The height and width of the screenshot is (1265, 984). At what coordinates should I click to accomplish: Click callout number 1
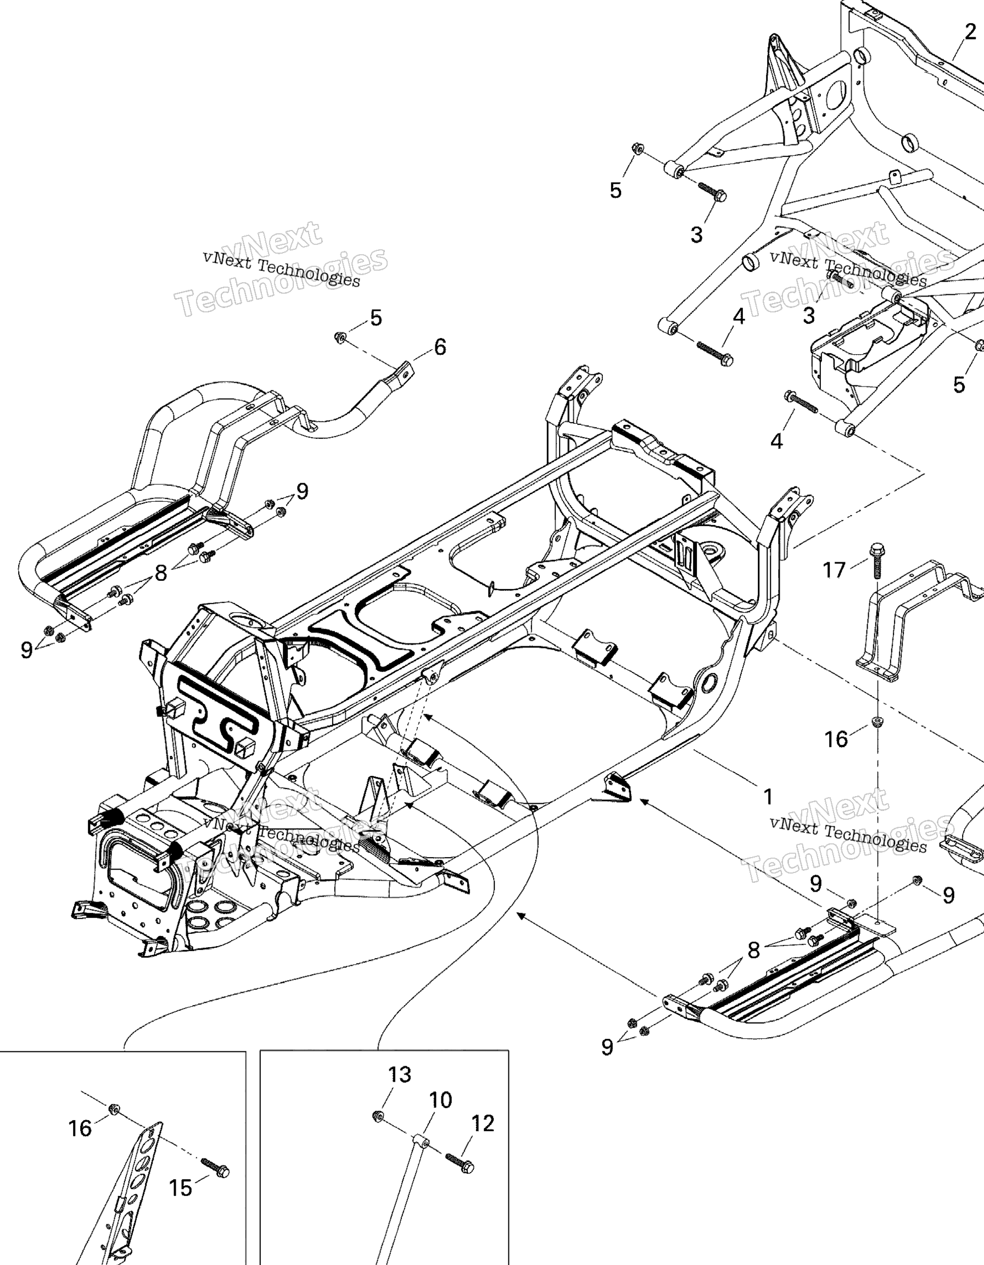[768, 797]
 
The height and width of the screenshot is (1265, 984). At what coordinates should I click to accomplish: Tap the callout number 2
[971, 32]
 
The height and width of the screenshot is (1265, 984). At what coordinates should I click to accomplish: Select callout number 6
[440, 347]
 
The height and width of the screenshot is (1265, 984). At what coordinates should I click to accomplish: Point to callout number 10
[441, 1099]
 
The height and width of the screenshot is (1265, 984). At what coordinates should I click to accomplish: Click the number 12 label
[483, 1123]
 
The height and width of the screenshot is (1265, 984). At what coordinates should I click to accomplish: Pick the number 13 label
[400, 1074]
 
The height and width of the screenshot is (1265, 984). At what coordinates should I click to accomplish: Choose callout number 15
[180, 1188]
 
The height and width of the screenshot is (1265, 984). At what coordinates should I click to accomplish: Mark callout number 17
[835, 570]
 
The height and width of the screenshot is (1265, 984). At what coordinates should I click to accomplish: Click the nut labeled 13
[377, 1115]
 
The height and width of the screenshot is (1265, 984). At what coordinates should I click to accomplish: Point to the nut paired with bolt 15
[114, 1109]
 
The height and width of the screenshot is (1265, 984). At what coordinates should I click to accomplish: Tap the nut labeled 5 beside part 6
[340, 337]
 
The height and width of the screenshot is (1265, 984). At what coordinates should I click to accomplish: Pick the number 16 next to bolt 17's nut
[836, 739]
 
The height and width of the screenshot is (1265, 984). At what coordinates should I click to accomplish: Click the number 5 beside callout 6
[376, 318]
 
